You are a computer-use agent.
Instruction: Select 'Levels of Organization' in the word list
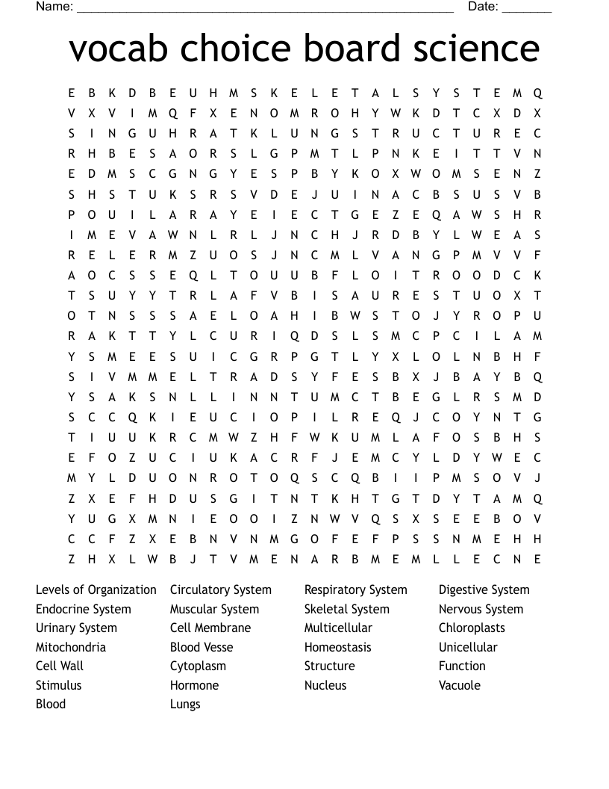point(96,590)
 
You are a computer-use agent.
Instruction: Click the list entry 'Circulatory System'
point(221,590)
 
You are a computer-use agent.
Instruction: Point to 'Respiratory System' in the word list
point(356,590)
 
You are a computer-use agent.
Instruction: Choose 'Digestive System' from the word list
point(484,590)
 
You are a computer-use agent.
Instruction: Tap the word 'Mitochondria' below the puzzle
point(71,647)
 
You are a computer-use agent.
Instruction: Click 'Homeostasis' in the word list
point(338,647)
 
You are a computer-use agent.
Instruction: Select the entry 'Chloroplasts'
point(472,628)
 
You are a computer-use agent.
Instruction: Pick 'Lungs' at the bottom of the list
point(185,705)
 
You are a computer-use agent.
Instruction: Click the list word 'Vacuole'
point(460,685)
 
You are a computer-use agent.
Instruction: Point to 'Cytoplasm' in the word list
point(198,666)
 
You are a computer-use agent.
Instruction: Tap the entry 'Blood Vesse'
point(202,647)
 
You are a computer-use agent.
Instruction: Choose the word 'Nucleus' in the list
point(325,685)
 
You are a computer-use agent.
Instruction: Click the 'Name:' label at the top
point(54,7)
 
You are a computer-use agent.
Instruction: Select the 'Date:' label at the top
point(483,7)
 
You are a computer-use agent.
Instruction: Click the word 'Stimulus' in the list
point(59,685)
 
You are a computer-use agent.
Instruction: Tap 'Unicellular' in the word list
point(468,647)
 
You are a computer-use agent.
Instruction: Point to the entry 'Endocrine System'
point(84,610)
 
